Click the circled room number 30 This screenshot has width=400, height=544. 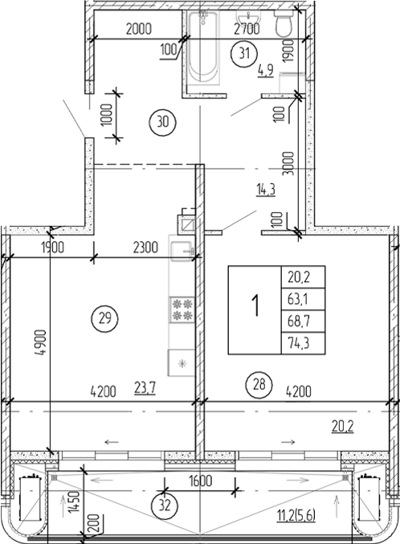[162, 122]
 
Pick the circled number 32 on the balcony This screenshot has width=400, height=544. [164, 506]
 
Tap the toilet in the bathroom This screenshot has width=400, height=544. [283, 26]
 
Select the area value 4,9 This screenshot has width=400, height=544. [266, 71]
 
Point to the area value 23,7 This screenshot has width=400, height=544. [146, 392]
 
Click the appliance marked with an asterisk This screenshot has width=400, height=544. [181, 362]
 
